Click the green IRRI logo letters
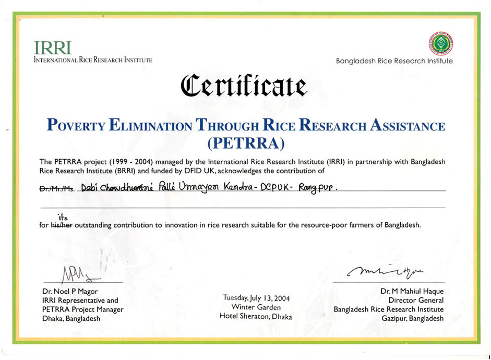pyautogui.click(x=52, y=47)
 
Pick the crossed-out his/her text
pyautogui.click(x=62, y=226)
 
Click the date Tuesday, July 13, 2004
pyautogui.click(x=256, y=298)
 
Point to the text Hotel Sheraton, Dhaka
pyautogui.click(x=256, y=317)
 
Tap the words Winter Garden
pyautogui.click(x=256, y=307)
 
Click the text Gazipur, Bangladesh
pyautogui.click(x=412, y=318)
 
